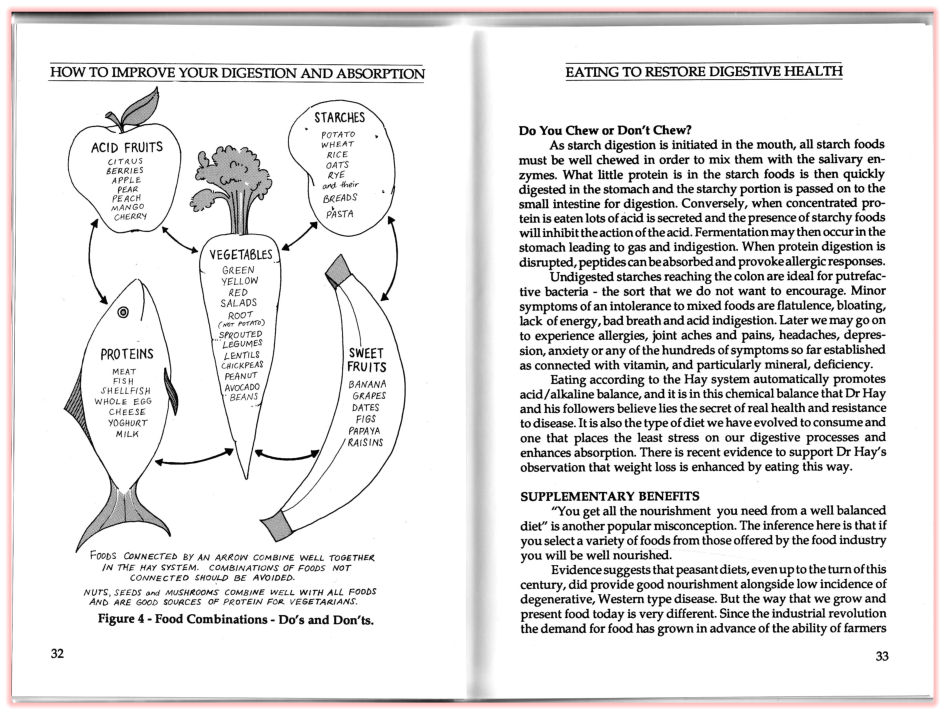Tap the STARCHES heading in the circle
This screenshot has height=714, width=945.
tap(340, 118)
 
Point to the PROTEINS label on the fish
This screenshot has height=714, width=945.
tap(127, 354)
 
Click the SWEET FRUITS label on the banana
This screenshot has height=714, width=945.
tap(367, 360)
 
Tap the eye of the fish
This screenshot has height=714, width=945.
tap(123, 313)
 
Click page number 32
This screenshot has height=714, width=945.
tap(58, 654)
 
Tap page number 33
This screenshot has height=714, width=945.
tap(882, 656)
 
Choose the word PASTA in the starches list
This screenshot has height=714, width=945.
tap(339, 213)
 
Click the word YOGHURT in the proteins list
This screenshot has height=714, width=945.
tap(126, 423)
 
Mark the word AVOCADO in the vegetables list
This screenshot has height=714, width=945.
tap(242, 386)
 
